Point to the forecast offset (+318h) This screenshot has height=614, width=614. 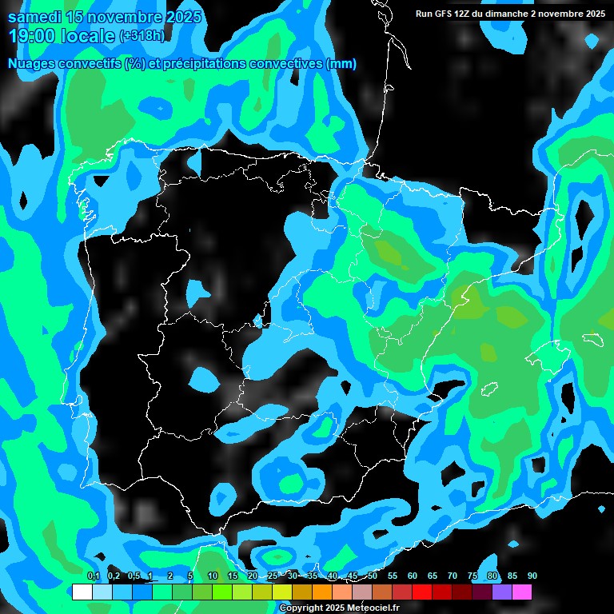143,36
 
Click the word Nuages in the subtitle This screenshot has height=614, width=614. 30,64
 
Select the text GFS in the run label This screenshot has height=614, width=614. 444,14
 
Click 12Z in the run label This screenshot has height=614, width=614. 464,14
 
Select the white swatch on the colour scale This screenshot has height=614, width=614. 82,592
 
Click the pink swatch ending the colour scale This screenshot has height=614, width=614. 522,592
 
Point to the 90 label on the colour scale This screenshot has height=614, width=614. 532,576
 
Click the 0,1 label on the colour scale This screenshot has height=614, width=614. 93,576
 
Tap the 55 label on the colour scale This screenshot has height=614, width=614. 392,576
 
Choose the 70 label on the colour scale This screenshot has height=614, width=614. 452,576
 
